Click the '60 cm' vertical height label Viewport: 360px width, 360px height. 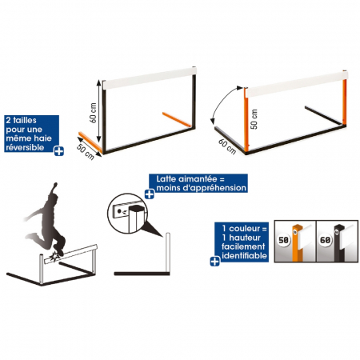point(93,113)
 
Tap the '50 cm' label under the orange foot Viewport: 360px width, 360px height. point(86,152)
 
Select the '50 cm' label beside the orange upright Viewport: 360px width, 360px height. point(254,119)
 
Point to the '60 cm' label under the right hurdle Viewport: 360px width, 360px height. point(227,146)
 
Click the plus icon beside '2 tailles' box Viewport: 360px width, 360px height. point(59,151)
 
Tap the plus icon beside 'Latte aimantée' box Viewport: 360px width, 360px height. point(150,194)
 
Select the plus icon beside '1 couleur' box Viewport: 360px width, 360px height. point(215,262)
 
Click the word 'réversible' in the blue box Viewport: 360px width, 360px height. point(25,147)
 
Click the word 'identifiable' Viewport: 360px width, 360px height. point(244,256)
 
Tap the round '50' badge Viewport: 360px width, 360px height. point(283,240)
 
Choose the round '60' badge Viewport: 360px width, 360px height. point(325,240)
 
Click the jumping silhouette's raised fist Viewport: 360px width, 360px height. point(55,185)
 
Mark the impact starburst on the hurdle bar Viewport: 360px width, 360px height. point(55,256)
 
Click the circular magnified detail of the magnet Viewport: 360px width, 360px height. point(127,214)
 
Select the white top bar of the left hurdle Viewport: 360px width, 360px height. point(150,78)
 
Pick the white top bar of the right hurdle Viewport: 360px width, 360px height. point(296,84)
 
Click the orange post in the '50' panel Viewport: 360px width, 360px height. point(297,243)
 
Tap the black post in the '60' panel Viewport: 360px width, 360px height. point(339,243)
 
